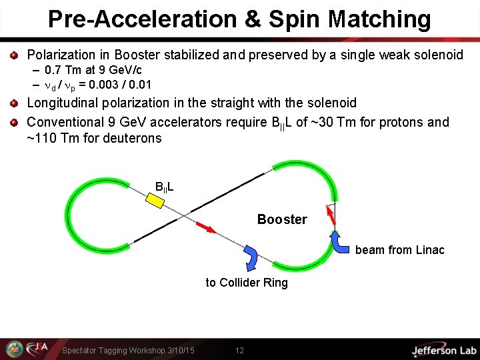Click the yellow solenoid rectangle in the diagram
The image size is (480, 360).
pos(155,200)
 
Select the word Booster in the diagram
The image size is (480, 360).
pos(282,219)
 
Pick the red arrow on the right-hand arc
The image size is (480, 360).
pos(329,214)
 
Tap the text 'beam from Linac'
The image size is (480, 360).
pos(399,250)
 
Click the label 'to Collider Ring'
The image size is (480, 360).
pos(247,283)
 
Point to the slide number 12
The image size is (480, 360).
pos(240,350)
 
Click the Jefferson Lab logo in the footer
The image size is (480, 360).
pos(443,350)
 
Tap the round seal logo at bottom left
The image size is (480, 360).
pos(14,349)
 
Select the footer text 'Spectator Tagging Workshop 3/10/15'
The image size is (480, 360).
pos(128,351)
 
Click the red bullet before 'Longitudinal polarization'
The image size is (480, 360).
pos(13,103)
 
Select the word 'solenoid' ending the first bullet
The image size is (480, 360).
pos(437,55)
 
